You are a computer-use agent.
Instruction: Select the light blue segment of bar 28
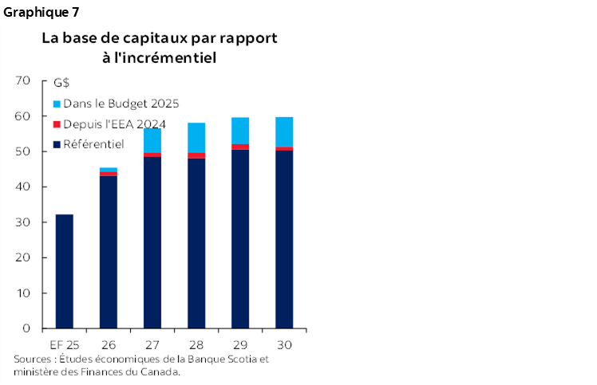[x=196, y=137]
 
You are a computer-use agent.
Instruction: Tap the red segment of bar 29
[x=240, y=147]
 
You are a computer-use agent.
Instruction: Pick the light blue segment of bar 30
[x=284, y=132]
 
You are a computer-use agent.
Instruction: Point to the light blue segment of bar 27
[x=152, y=140]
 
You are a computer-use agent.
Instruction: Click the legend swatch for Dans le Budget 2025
[x=57, y=104]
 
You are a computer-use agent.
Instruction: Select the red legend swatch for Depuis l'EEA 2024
[x=57, y=124]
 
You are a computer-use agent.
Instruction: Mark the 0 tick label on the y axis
[x=26, y=328]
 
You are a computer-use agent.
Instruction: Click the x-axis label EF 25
[x=64, y=345]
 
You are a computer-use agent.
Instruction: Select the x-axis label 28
[x=196, y=345]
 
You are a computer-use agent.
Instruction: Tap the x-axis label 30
[x=284, y=345]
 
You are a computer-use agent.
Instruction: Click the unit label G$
[x=61, y=83]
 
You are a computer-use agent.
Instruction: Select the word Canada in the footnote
[x=160, y=371]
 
